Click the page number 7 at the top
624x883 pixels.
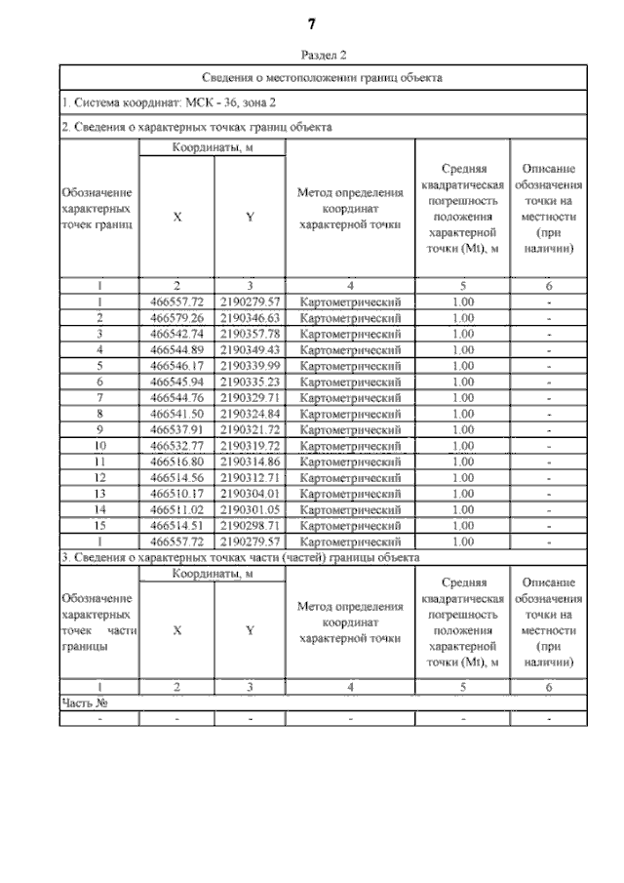coord(312,22)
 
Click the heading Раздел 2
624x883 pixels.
coord(313,56)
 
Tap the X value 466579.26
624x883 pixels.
coord(176,318)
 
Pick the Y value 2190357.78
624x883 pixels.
coord(250,334)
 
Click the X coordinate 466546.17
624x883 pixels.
coord(176,365)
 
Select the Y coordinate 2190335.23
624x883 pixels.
coord(250,381)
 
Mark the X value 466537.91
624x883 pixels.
coord(176,429)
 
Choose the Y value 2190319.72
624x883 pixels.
coord(250,445)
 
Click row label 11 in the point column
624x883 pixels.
coord(99,461)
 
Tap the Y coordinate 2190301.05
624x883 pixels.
coord(250,508)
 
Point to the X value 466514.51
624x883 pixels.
coord(176,524)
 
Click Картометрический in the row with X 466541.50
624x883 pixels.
coord(350,413)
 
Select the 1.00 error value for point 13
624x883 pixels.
coord(463,493)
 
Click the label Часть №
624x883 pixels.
coord(83,702)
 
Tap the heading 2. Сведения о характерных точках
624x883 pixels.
coord(196,127)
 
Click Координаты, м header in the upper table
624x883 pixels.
coord(213,147)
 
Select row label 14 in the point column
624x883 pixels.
coord(99,508)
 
